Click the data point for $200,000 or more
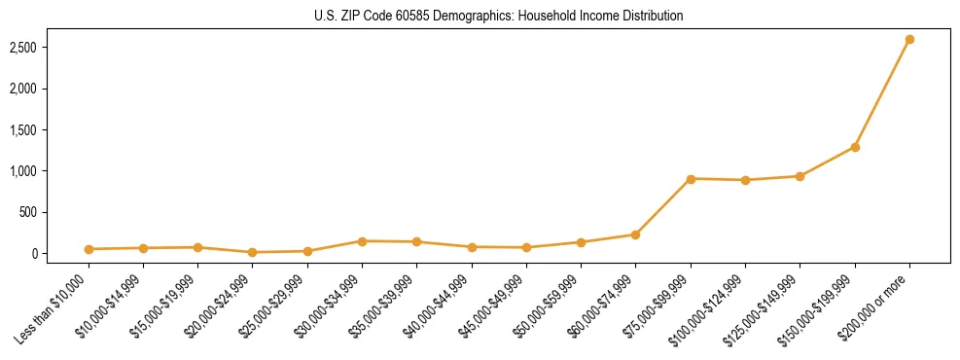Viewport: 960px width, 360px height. (x=909, y=40)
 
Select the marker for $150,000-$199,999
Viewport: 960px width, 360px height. (x=855, y=147)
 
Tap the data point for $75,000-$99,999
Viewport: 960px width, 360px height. (x=691, y=179)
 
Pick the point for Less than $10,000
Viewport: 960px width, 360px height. (x=89, y=249)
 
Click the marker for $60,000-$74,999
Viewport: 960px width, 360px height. (x=635, y=234)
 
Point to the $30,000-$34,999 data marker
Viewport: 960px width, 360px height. (x=362, y=241)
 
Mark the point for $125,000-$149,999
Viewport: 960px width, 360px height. (x=800, y=176)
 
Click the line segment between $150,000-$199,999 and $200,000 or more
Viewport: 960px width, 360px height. (x=882, y=93)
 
